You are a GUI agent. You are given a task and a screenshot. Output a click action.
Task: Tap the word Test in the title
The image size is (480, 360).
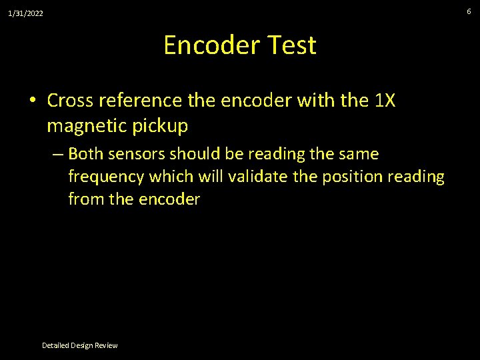coord(291,45)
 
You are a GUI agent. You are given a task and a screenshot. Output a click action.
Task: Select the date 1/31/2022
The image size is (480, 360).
coord(26,13)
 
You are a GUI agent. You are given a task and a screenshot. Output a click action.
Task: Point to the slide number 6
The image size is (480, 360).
coord(469,11)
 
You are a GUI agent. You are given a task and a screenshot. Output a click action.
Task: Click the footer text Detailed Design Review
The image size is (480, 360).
coord(79,345)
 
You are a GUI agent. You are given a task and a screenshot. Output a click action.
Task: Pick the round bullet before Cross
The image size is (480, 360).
coord(32,101)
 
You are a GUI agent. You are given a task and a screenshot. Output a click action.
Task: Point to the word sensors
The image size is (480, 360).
coord(137,154)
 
